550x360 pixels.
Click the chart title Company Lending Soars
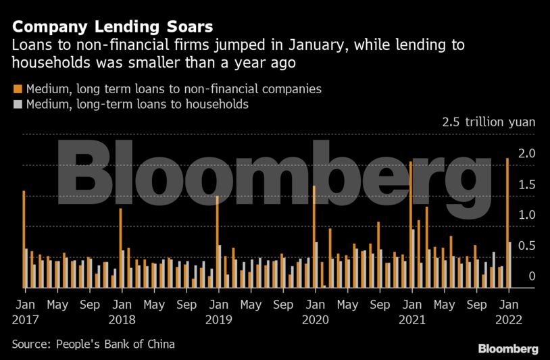pyautogui.click(x=112, y=27)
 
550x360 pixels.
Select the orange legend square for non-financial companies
pyautogui.click(x=17, y=88)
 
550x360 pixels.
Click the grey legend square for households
pyautogui.click(x=17, y=105)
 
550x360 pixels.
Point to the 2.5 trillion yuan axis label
pyautogui.click(x=489, y=123)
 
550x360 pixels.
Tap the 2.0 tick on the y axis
pyautogui.click(x=528, y=153)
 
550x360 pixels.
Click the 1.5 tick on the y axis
pyautogui.click(x=528, y=184)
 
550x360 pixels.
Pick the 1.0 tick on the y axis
pyautogui.click(x=528, y=215)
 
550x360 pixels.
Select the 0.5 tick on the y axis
pyautogui.click(x=528, y=246)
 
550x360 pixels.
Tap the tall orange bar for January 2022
pyautogui.click(x=507, y=223)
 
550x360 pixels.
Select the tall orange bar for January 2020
pyautogui.click(x=314, y=236)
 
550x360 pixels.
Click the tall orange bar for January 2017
pyautogui.click(x=24, y=239)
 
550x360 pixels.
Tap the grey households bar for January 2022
pyautogui.click(x=510, y=264)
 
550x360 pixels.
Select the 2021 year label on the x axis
pyautogui.click(x=411, y=317)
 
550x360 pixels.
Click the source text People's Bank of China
pyautogui.click(x=93, y=344)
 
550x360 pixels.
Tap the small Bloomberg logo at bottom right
pyautogui.click(x=508, y=349)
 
